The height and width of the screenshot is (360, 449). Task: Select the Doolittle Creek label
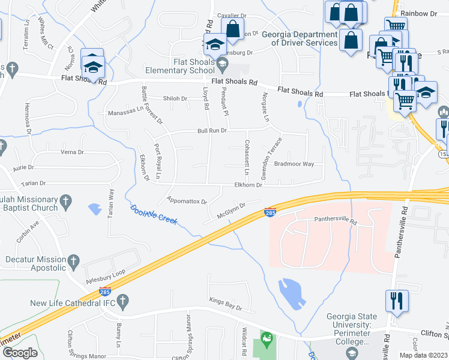point(154,214)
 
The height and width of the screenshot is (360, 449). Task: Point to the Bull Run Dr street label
point(213,130)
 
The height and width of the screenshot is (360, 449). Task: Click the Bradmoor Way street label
point(294,163)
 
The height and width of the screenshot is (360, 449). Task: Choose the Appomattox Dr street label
point(187,202)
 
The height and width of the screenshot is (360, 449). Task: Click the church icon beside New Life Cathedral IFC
point(123,301)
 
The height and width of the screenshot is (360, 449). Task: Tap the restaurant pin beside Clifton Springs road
point(397,300)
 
